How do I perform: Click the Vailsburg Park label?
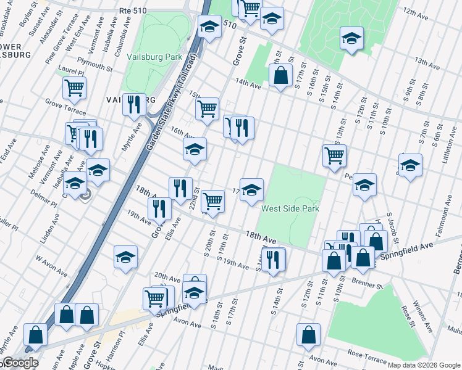pos(154,57)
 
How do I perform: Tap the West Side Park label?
pos(290,208)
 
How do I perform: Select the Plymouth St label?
pos(94,65)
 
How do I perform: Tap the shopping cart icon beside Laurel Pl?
pos(74,88)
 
